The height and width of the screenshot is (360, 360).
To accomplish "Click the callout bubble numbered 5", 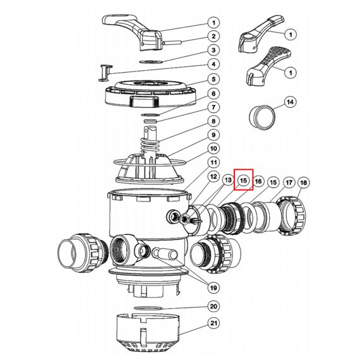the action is [213, 80].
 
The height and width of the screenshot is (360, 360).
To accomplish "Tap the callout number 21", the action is [213, 323].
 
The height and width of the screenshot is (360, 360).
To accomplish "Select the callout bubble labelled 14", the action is [291, 102].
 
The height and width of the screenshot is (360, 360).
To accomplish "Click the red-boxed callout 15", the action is [243, 181].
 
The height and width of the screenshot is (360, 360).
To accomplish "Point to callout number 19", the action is [213, 287].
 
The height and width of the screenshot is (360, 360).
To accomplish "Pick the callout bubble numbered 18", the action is [304, 183].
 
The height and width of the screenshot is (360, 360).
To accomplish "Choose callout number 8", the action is [213, 121].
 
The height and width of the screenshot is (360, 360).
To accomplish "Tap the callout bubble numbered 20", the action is [213, 306].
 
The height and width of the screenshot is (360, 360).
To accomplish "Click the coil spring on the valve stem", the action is [150, 144].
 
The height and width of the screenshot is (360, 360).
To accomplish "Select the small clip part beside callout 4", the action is [105, 73].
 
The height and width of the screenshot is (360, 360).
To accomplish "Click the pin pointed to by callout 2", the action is [172, 42].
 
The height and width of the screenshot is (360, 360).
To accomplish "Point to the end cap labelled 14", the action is [262, 117].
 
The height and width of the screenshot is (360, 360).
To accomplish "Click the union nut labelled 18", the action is [292, 215].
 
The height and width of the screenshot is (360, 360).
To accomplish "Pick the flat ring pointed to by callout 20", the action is [148, 308].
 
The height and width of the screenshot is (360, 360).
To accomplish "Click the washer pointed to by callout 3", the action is [152, 61].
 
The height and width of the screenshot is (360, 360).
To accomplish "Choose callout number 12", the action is [213, 176].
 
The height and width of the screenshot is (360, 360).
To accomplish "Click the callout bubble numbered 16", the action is [258, 181].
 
